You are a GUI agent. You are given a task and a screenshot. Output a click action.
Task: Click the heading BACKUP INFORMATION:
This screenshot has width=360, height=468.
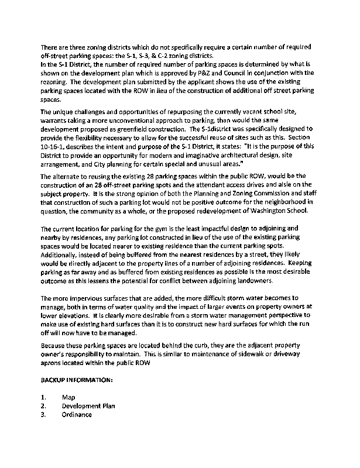76,380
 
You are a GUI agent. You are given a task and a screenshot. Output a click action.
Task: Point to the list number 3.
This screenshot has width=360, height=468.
43,414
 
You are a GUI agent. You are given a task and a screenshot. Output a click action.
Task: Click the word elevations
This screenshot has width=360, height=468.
67,316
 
